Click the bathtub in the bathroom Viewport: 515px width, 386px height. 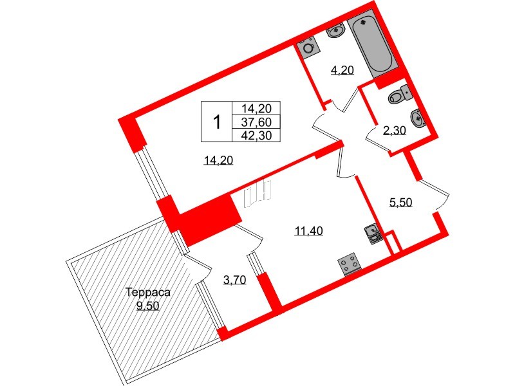coord(370,46)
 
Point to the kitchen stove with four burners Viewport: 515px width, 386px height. coord(350,263)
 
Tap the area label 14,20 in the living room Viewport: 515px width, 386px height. coord(218,161)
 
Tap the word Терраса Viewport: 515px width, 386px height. coord(148,292)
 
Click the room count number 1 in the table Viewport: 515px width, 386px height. coord(217,121)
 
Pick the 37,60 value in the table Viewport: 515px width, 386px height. coord(256,122)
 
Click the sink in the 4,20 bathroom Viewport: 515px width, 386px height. coord(335,30)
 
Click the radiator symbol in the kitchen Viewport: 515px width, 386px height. coord(259,194)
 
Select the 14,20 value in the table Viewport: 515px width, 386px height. coord(256,109)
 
